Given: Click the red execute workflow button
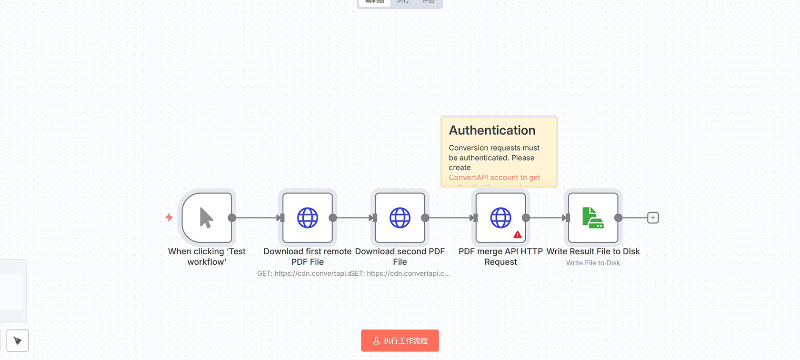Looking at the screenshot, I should [x=400, y=340].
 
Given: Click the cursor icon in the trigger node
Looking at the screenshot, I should [x=206, y=218].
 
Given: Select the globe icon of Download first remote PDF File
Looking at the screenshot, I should [x=308, y=218].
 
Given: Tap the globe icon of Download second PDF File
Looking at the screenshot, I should [x=400, y=218].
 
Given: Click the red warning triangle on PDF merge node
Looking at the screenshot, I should [x=518, y=235].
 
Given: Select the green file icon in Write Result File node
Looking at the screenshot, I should [x=593, y=218].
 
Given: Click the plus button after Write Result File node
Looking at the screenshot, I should [x=653, y=218].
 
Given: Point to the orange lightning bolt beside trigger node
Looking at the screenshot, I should [x=169, y=217].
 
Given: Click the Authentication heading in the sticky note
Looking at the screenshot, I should [x=492, y=130].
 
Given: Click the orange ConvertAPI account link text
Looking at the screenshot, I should [x=494, y=178].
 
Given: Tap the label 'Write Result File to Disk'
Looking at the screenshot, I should [x=593, y=251].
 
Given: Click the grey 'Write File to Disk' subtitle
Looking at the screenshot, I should [x=593, y=263].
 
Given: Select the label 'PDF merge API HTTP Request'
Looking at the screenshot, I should [x=500, y=257].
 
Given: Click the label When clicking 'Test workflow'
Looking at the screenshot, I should [x=207, y=257].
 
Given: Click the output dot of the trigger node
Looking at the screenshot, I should [x=232, y=218].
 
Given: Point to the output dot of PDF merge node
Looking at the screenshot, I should [x=526, y=218].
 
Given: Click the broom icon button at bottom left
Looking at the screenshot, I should [x=18, y=340].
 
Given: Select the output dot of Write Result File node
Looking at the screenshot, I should [x=618, y=218].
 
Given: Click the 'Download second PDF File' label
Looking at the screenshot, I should [x=400, y=257].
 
